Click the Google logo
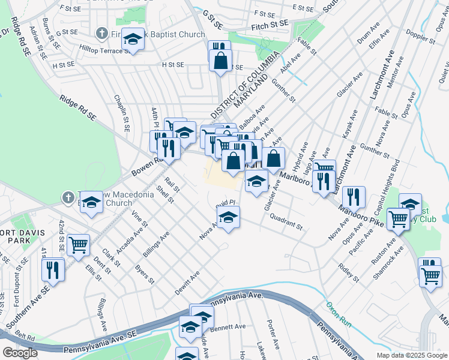pos(20,353)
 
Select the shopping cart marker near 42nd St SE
pos(78,245)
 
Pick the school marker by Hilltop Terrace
pos(133,40)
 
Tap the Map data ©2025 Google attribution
pos(412,355)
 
